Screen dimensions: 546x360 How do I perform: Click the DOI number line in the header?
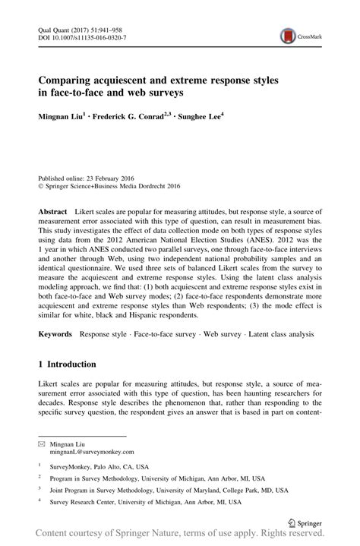click(82, 36)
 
